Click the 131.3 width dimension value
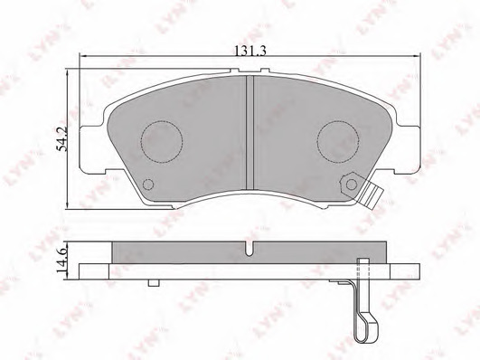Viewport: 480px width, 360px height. click(x=249, y=51)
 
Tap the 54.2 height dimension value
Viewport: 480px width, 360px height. click(x=62, y=139)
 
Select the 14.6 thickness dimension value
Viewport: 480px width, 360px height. click(x=62, y=261)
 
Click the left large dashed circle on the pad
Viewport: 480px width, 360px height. click(x=162, y=141)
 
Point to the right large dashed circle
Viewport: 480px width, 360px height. click(x=338, y=141)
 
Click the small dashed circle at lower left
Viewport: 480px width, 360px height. click(x=148, y=185)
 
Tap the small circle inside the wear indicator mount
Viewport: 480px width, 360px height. click(x=352, y=185)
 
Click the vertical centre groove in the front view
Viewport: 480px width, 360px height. click(x=250, y=132)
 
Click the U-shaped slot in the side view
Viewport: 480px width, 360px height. click(x=249, y=249)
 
